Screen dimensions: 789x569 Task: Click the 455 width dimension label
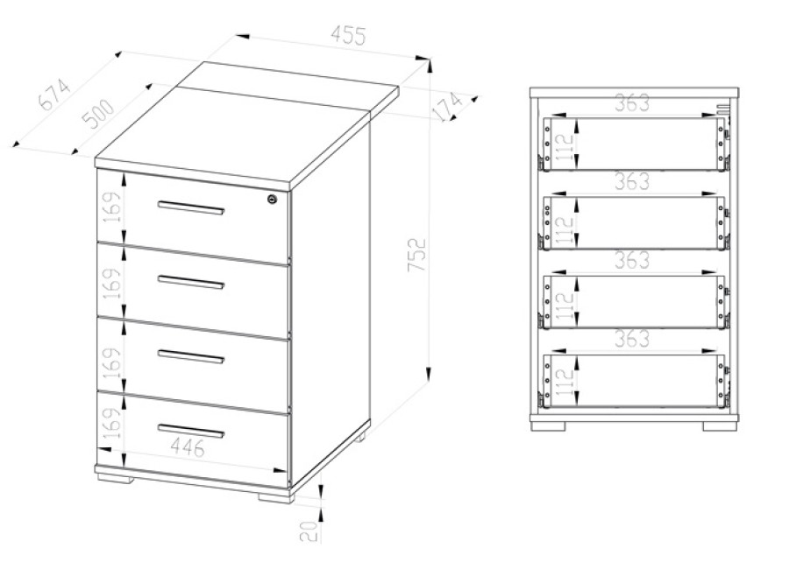pyautogui.click(x=348, y=35)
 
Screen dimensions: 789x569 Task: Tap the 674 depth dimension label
pyautogui.click(x=54, y=94)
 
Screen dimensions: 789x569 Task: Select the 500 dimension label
pyautogui.click(x=97, y=114)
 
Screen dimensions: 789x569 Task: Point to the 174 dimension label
pyautogui.click(x=447, y=107)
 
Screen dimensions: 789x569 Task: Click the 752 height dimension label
pyautogui.click(x=417, y=255)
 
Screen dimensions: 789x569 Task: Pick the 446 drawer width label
pyautogui.click(x=188, y=446)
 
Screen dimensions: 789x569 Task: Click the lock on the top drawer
pyautogui.click(x=273, y=199)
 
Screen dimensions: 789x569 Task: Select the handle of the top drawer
pyautogui.click(x=191, y=207)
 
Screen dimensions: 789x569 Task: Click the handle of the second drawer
pyautogui.click(x=191, y=282)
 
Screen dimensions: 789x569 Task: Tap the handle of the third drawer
pyautogui.click(x=191, y=356)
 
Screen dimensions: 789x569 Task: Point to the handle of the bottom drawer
pyautogui.click(x=191, y=431)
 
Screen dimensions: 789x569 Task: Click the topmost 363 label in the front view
pyautogui.click(x=632, y=103)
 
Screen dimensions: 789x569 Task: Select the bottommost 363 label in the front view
pyautogui.click(x=632, y=339)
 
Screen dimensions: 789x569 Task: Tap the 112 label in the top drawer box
pyautogui.click(x=565, y=147)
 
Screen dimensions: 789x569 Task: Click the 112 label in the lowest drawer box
pyautogui.click(x=565, y=382)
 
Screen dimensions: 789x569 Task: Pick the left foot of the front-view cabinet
pyautogui.click(x=549, y=425)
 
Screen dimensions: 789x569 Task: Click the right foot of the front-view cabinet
pyautogui.click(x=720, y=425)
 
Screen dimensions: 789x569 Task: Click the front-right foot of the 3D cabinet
pyautogui.click(x=274, y=497)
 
